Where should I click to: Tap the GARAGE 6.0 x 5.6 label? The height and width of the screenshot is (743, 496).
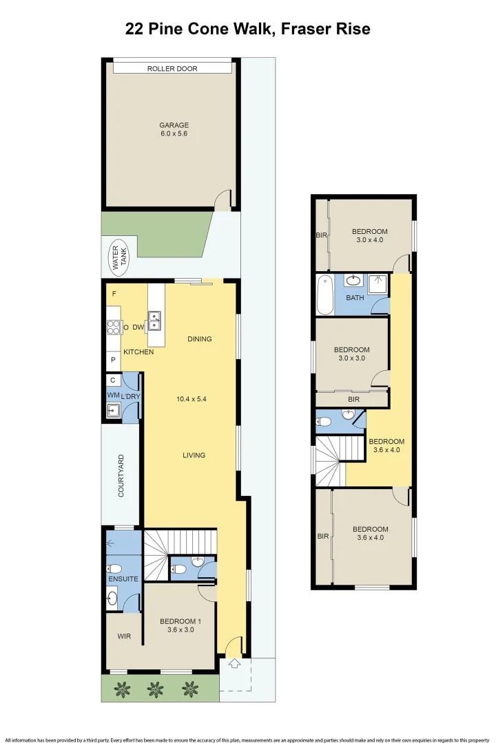coord(174,130)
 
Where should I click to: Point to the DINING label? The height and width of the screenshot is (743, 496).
coord(199,339)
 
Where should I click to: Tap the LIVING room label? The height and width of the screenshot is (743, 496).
coord(194,455)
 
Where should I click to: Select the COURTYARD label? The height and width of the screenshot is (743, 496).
coord(121,476)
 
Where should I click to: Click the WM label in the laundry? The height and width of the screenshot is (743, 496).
coord(112,396)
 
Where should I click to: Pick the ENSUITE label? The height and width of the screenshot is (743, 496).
coord(123,579)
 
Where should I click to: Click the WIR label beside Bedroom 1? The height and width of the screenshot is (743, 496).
coord(124,636)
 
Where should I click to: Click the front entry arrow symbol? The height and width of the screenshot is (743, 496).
coord(233,663)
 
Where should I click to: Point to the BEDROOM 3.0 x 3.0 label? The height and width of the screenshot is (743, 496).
coord(351,354)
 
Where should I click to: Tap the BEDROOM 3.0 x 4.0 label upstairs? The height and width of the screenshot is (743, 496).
coord(369,235)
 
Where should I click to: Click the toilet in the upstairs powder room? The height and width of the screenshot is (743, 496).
coord(325,421)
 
